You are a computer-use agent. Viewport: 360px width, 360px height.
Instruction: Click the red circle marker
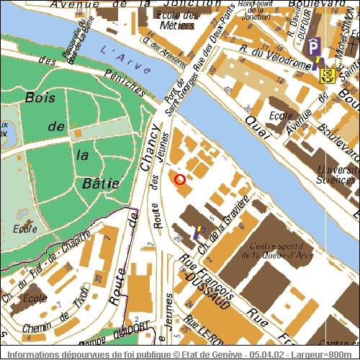tap(180, 179)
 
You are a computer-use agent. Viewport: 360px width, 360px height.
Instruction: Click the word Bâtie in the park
tap(104, 184)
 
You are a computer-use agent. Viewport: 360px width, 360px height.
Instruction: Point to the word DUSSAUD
tap(207, 290)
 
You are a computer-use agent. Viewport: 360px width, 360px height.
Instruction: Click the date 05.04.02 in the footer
tap(265, 355)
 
